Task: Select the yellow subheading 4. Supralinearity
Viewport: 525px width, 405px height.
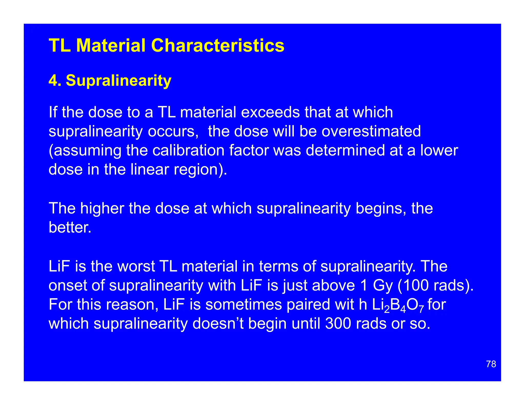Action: click(x=110, y=80)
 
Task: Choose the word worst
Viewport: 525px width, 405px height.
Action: click(x=136, y=266)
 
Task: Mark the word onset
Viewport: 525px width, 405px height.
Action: click(x=68, y=285)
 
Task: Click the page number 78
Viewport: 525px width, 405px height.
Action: click(x=491, y=364)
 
